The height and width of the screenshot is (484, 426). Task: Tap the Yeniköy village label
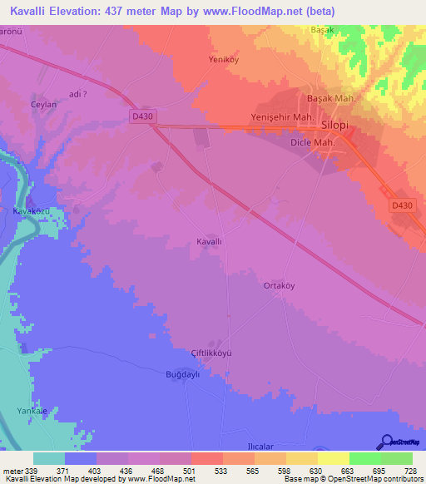[x=223, y=60]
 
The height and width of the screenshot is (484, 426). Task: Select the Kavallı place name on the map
[x=209, y=241]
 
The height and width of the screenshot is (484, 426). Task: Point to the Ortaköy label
[x=280, y=285]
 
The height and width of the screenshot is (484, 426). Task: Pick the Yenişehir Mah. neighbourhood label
[x=282, y=117]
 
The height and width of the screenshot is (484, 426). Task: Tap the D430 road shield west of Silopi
[x=143, y=116]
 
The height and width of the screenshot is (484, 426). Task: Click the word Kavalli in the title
[x=32, y=12]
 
